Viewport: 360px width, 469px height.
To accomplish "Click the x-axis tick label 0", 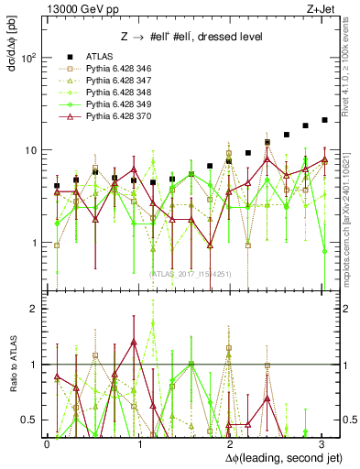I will pos(47,442).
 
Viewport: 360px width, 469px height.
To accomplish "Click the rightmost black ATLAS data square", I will pos(324,120).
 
